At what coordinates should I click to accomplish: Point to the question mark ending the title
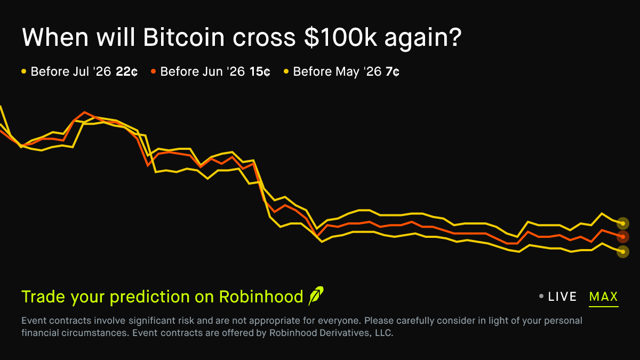point(454,37)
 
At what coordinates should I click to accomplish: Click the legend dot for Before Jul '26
point(23,71)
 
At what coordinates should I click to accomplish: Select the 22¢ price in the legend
point(126,71)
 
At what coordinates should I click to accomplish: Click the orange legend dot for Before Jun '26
point(153,71)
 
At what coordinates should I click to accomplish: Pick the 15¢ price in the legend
point(260,71)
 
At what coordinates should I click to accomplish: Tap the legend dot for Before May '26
point(286,71)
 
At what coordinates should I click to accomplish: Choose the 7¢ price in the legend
point(392,71)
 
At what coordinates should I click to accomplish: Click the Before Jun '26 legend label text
point(203,71)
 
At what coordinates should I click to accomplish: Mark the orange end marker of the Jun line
point(622,237)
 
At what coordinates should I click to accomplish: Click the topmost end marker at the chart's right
point(622,223)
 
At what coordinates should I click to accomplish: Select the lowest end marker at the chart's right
point(622,251)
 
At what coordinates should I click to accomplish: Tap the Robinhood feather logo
point(316,296)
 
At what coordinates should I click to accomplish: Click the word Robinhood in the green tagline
point(261,297)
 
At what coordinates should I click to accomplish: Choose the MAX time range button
point(603,297)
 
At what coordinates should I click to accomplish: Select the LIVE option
point(562,297)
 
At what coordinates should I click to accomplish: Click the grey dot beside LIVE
point(541,296)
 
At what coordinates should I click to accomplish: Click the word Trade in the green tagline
point(42,297)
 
